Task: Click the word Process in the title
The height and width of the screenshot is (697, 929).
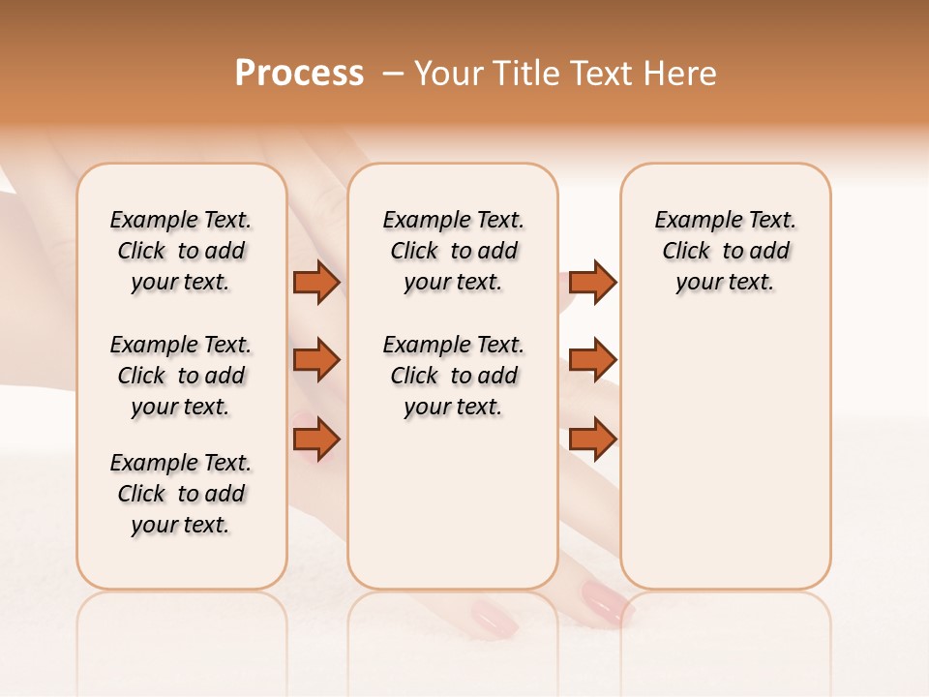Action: pyautogui.click(x=299, y=74)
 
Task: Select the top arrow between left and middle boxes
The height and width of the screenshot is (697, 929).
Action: pyautogui.click(x=316, y=282)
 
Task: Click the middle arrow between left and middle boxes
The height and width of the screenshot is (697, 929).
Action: pyautogui.click(x=316, y=360)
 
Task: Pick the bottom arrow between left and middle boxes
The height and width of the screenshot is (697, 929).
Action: pyautogui.click(x=316, y=439)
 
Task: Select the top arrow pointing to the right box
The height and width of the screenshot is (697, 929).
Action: pyautogui.click(x=592, y=282)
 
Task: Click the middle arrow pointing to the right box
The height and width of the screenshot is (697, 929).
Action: pyautogui.click(x=592, y=360)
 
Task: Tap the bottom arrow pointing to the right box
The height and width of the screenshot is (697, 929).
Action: pyautogui.click(x=592, y=439)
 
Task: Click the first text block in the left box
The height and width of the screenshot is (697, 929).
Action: pyautogui.click(x=181, y=251)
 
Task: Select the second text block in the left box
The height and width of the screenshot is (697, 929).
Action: pyautogui.click(x=181, y=376)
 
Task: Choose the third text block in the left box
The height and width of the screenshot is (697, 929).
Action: pyautogui.click(x=181, y=494)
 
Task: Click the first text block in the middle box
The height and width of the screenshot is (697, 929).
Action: pyautogui.click(x=453, y=251)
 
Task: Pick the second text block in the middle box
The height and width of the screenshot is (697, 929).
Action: pyautogui.click(x=453, y=376)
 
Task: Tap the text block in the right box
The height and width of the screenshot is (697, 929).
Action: pyautogui.click(x=725, y=251)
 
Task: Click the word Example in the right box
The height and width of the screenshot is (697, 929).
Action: pyautogui.click(x=691, y=220)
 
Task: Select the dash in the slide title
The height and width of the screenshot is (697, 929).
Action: pyautogui.click(x=393, y=74)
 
